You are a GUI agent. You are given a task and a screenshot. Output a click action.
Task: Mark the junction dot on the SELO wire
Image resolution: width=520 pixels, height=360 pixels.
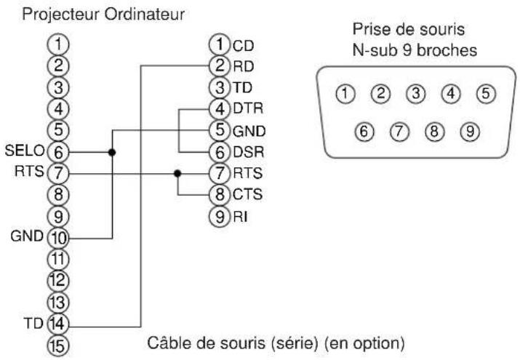point(111,153)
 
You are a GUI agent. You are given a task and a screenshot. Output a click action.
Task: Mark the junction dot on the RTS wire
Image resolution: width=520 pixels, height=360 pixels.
point(177,174)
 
